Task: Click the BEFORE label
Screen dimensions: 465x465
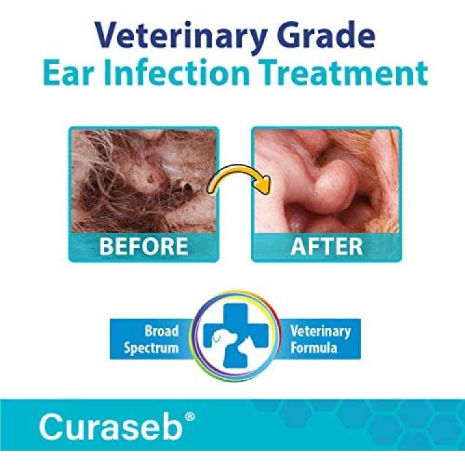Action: (x=144, y=246)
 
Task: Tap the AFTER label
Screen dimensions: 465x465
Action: (x=327, y=246)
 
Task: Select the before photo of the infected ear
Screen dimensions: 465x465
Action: (x=144, y=181)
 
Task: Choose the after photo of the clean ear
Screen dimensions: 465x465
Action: (x=327, y=181)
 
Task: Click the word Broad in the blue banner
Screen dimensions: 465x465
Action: (x=162, y=331)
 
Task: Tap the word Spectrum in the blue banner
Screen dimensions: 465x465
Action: (x=151, y=348)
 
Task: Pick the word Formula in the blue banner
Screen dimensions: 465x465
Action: (x=314, y=347)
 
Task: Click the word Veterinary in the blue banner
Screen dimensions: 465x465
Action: (x=321, y=332)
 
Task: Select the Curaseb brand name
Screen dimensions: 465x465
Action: (x=110, y=427)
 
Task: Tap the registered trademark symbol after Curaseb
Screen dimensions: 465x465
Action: (x=190, y=417)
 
